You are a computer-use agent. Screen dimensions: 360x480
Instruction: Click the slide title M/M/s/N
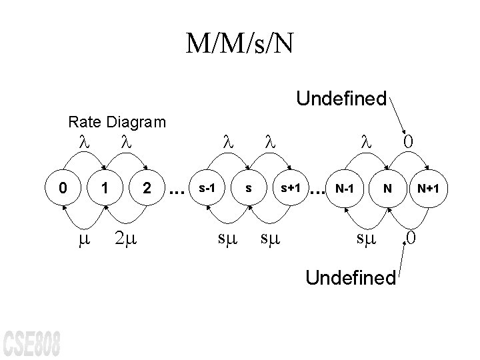point(240,44)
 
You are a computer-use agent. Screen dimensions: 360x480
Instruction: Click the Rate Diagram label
point(117,122)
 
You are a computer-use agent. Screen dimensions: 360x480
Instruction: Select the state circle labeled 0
point(63,189)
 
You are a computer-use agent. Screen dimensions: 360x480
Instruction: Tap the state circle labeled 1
point(104,189)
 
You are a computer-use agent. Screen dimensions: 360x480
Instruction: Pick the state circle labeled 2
point(145,189)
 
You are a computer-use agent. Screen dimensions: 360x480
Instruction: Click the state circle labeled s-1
point(207,189)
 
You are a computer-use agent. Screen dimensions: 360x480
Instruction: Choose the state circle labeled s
point(249,189)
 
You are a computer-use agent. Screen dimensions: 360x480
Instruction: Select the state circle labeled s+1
point(290,189)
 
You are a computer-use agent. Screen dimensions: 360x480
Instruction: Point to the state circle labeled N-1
point(345,189)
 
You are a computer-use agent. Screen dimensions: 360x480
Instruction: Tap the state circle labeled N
point(386,189)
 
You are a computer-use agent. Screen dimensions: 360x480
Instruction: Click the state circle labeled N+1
point(427,189)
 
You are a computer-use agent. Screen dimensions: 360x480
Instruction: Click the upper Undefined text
point(341,99)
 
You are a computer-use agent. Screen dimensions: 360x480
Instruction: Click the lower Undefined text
point(351,277)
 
